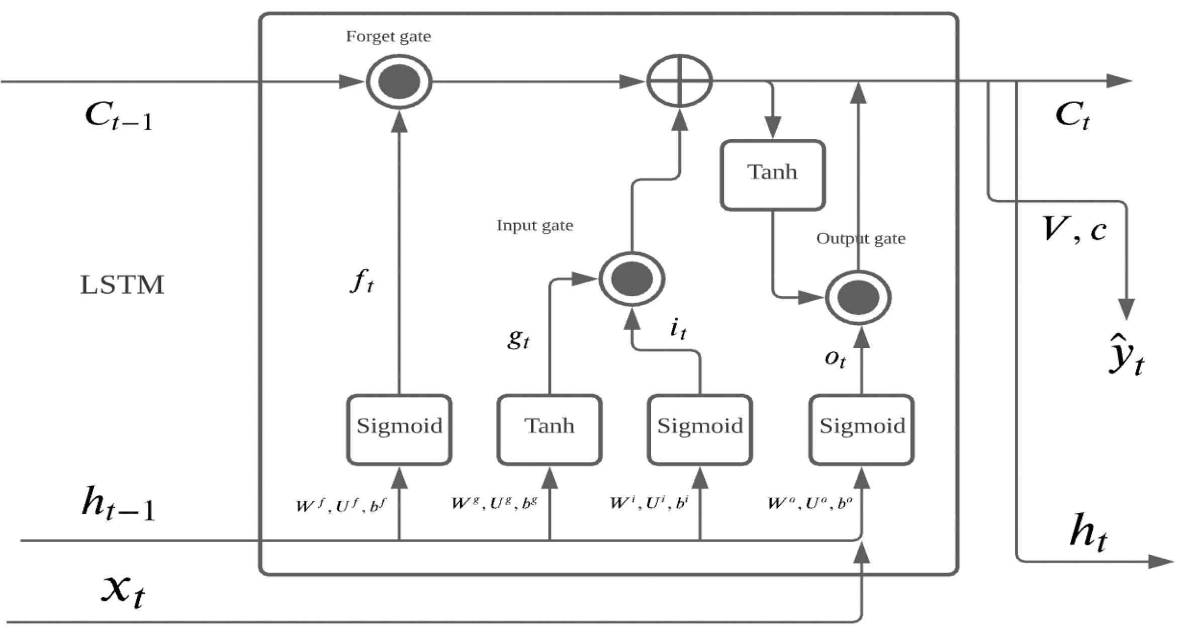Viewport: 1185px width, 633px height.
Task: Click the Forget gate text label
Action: click(x=388, y=37)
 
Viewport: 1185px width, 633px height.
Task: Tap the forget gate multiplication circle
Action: click(x=399, y=82)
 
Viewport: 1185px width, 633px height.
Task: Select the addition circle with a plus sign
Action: click(x=679, y=81)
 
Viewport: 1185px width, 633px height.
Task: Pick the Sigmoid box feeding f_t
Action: click(x=399, y=429)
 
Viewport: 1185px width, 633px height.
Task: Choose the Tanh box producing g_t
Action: click(x=550, y=429)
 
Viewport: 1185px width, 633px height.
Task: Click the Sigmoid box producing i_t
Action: click(x=700, y=429)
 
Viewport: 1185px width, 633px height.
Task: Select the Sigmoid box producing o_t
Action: click(x=862, y=429)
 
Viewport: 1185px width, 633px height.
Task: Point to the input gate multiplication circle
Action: click(x=631, y=279)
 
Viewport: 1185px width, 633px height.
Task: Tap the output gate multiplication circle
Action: click(x=858, y=298)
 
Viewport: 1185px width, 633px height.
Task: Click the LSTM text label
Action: click(x=122, y=285)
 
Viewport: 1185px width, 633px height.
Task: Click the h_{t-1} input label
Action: click(x=118, y=504)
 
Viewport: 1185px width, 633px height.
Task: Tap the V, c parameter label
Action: click(x=1074, y=230)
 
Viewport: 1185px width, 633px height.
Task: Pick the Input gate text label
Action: click(x=534, y=225)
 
